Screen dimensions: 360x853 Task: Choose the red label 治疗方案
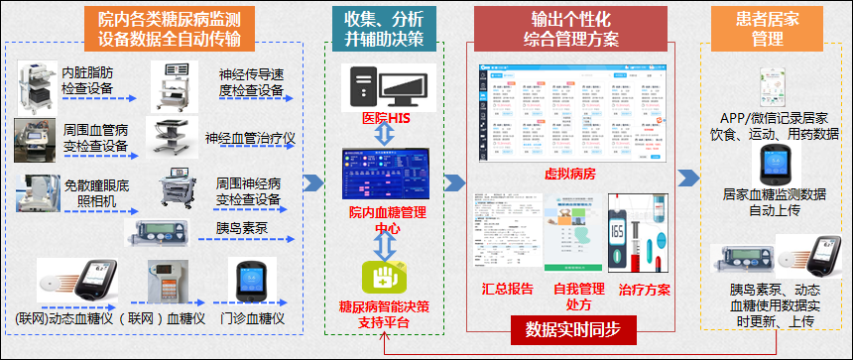(644, 290)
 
